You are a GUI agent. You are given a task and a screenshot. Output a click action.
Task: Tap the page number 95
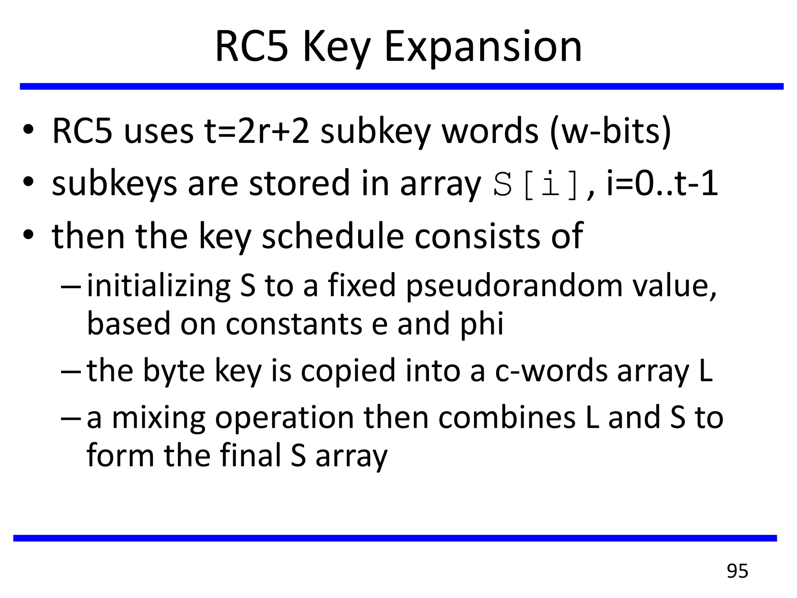pos(737,571)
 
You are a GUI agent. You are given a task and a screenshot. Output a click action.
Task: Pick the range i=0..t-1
pos(662,184)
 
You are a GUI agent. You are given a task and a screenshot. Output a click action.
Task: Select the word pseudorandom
pos(514,286)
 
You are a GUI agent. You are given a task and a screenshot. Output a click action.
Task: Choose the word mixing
pos(158,418)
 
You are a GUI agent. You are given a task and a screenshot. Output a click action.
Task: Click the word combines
pos(507,417)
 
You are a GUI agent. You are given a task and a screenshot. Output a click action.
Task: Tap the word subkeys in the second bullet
pos(114,184)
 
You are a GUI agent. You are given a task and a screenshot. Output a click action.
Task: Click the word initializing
pos(159,286)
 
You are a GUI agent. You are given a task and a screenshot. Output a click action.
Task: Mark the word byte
pos(174,371)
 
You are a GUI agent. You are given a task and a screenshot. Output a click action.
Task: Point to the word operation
pos(284,418)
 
